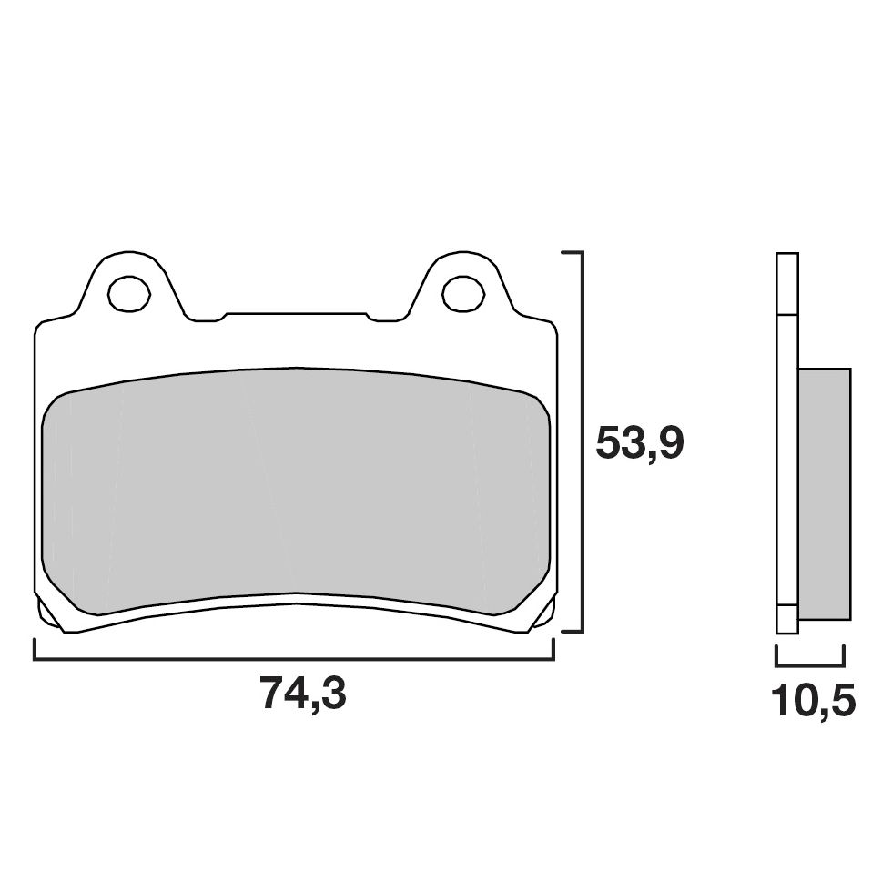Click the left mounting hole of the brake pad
(x=128, y=292)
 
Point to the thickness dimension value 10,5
(x=812, y=701)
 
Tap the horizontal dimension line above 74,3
(x=293, y=658)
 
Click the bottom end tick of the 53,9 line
(x=571, y=630)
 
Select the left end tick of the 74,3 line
(x=35, y=649)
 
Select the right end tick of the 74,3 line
(x=553, y=649)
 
